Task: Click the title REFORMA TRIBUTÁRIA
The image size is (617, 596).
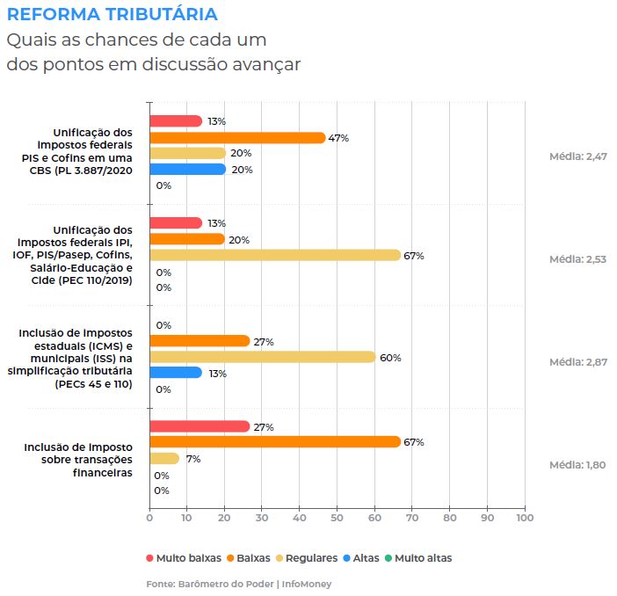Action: click(x=112, y=15)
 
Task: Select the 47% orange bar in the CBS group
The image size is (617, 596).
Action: click(x=237, y=137)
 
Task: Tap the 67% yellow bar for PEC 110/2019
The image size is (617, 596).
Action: click(x=274, y=255)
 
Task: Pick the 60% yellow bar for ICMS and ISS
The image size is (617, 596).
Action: click(x=262, y=357)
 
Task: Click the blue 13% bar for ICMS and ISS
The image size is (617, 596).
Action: click(x=176, y=373)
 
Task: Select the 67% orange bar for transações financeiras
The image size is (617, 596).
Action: click(x=274, y=442)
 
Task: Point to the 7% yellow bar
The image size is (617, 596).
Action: click(x=164, y=458)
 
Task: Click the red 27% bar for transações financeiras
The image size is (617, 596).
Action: click(x=200, y=426)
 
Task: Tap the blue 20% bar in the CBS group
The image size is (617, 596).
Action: click(x=187, y=169)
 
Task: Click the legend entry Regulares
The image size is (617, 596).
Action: click(x=307, y=557)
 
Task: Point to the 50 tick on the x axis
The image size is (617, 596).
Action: click(x=337, y=518)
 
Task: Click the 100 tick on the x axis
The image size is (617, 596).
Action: click(x=525, y=518)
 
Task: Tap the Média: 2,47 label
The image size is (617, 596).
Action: click(x=577, y=156)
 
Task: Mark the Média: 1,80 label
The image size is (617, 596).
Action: click(x=577, y=465)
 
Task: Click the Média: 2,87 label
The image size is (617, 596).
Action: click(x=577, y=362)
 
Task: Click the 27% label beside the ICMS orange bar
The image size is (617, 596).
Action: click(x=264, y=341)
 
